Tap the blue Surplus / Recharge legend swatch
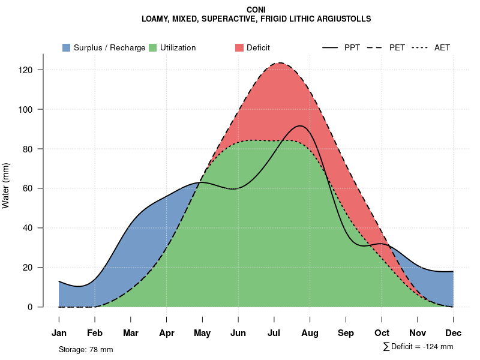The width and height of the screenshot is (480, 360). coord(67,47)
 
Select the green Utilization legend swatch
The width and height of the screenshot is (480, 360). coord(153,47)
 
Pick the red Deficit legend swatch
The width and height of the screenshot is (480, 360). coord(239,47)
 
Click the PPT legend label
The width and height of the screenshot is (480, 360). coord(352,47)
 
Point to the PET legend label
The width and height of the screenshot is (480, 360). coord(397,47)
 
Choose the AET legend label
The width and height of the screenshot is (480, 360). coord(442,47)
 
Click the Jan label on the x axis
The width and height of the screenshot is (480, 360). coord(59,333)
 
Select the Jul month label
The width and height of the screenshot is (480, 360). coord(274,333)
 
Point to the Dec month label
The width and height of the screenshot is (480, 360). coord(454,333)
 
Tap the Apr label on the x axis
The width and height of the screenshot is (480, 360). coord(167,333)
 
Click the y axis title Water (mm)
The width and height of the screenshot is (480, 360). coord(6,185)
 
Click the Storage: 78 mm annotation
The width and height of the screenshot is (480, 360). coord(86,349)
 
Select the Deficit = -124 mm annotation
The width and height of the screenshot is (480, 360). coord(418,347)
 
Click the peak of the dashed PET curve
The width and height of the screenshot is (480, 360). coord(280,62)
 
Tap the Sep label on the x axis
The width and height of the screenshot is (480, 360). coord(346,333)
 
